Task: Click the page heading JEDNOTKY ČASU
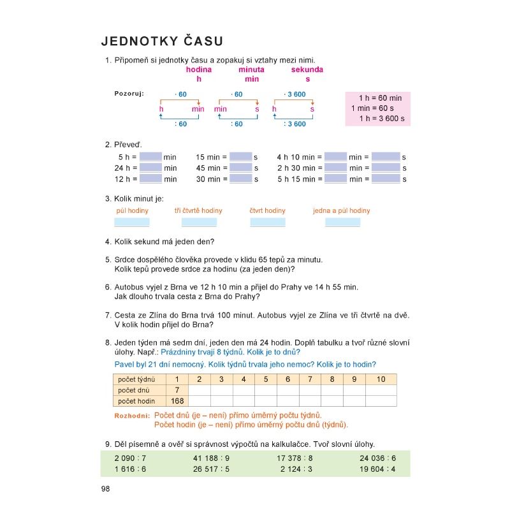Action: point(162,41)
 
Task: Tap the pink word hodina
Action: point(199,69)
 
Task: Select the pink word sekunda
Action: point(307,69)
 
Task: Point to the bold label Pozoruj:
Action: point(129,93)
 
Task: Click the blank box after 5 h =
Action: point(150,157)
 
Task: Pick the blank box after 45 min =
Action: point(241,168)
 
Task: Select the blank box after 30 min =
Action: point(241,179)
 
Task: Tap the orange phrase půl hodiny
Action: point(132,210)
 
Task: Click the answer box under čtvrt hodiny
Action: point(268,222)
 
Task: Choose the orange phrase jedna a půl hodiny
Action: point(341,210)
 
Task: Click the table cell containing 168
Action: point(177,401)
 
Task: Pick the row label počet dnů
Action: point(133,390)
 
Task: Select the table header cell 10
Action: point(381,379)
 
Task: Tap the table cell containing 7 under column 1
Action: point(177,390)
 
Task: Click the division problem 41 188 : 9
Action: point(210,458)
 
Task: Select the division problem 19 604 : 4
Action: point(377,469)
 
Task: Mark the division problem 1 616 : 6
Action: point(130,469)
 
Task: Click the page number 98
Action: point(106,488)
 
